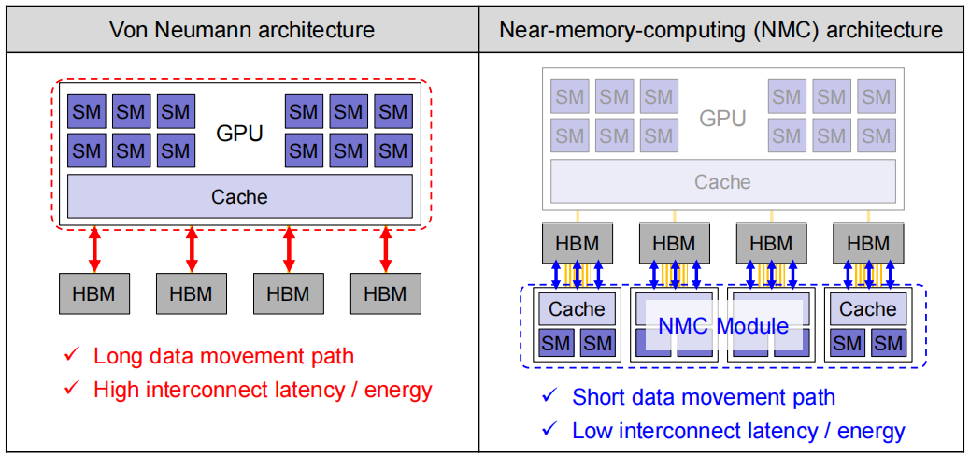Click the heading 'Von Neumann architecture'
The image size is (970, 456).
(x=242, y=29)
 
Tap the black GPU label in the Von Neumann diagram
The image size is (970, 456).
(x=239, y=133)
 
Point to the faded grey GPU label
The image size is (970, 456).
(x=722, y=118)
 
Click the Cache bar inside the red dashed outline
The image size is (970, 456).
(x=239, y=196)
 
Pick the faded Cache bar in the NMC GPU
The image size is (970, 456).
(x=722, y=181)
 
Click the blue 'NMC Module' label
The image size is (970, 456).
(x=723, y=325)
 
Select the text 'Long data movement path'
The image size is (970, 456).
(x=224, y=356)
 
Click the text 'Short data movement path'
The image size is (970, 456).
(x=704, y=396)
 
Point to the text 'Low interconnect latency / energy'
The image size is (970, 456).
(x=738, y=430)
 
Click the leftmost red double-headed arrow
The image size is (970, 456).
(x=94, y=250)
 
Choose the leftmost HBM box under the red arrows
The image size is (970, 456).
(x=94, y=293)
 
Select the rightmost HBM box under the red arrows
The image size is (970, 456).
(x=386, y=293)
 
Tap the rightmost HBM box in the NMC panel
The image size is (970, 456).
(x=868, y=243)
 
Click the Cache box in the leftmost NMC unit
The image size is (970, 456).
(x=577, y=308)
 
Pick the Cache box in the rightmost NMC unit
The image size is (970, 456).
(x=868, y=308)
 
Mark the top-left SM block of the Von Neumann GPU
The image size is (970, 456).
(x=86, y=112)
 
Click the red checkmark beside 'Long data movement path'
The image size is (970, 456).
(x=71, y=355)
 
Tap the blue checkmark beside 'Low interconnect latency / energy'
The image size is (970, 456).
(x=549, y=428)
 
